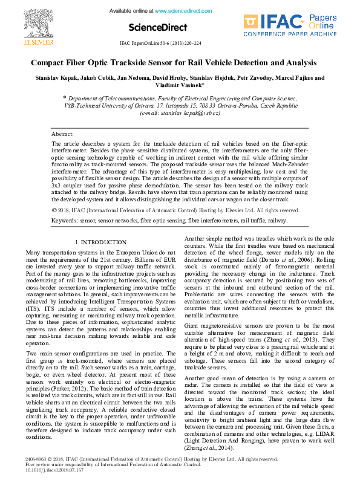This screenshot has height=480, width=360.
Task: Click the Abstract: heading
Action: (x=63, y=134)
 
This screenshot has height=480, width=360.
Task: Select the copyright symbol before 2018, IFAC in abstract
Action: (x=55, y=210)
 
